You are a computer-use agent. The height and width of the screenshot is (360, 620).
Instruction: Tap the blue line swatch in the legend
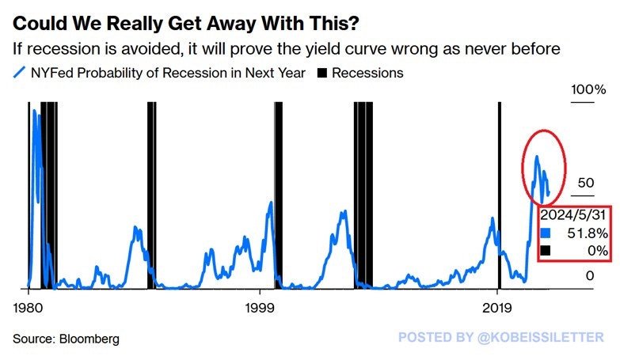tap(20, 73)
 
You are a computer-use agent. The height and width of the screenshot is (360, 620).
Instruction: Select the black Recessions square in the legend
tap(321, 73)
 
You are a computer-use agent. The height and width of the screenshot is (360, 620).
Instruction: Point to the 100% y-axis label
tap(588, 89)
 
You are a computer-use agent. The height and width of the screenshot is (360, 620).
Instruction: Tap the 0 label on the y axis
tap(590, 275)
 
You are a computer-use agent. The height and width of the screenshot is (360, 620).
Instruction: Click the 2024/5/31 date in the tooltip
tap(575, 214)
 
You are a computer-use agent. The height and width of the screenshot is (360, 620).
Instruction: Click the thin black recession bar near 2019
tap(498, 198)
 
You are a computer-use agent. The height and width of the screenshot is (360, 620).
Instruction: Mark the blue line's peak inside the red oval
tap(537, 157)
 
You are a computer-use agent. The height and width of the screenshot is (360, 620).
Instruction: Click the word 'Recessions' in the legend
tap(367, 73)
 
